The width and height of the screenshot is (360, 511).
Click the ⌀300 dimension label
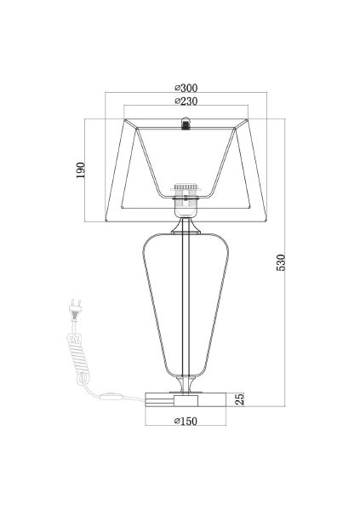(186, 88)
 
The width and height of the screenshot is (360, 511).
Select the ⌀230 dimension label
(186, 101)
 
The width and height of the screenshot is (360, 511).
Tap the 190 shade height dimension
(80, 170)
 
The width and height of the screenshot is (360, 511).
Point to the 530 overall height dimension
(281, 262)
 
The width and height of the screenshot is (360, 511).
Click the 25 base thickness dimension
(239, 399)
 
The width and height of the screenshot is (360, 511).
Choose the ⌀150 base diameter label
(186, 421)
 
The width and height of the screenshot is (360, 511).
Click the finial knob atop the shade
(186, 123)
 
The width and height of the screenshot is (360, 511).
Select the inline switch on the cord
(112, 397)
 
